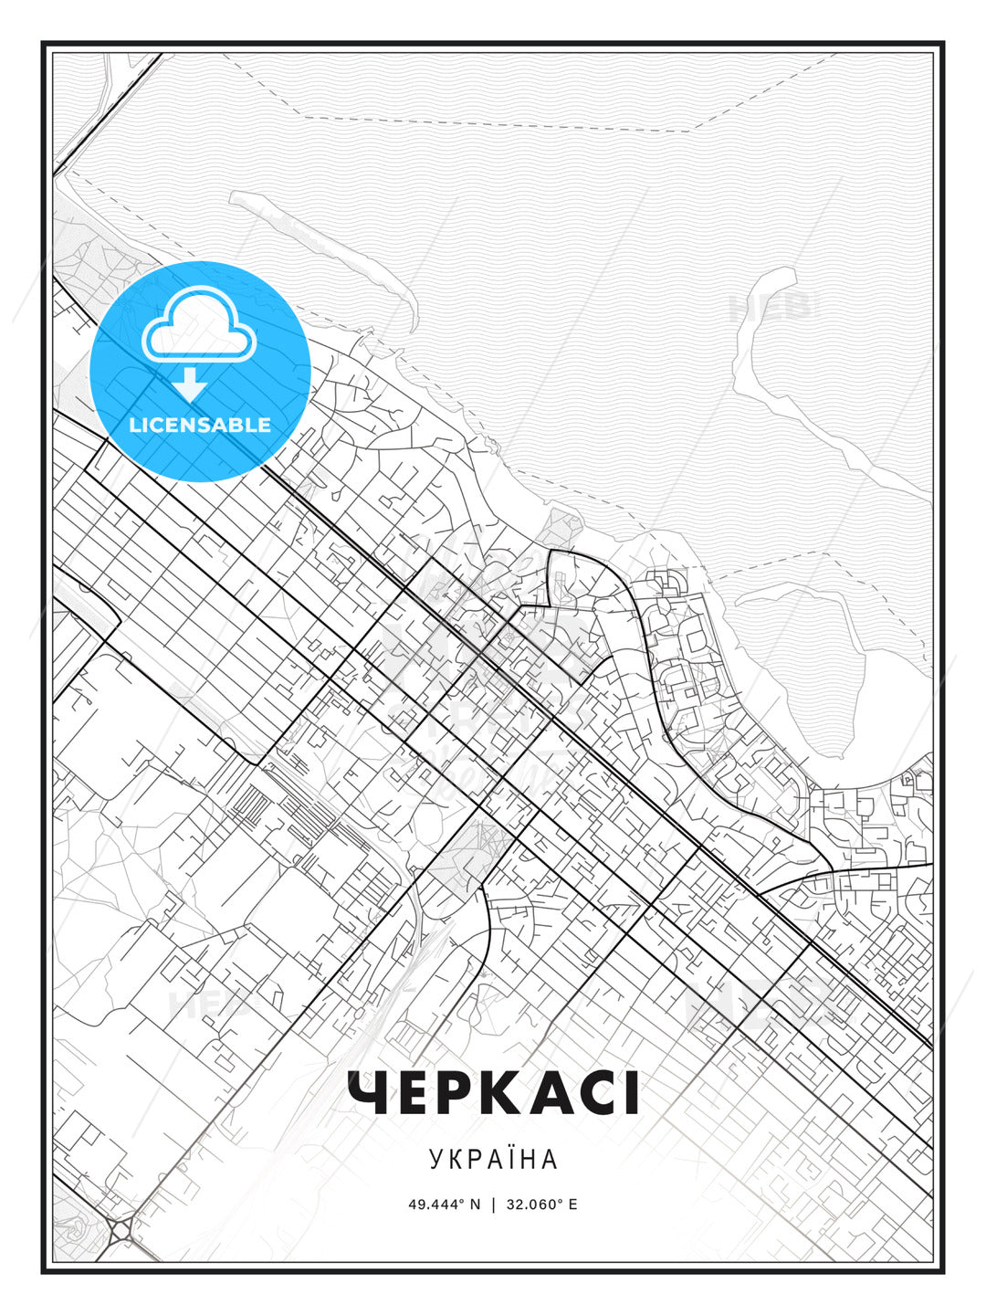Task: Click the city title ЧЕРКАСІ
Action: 493,1093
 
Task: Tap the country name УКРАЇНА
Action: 493,1160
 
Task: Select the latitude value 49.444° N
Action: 444,1205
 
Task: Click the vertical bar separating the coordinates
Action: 493,1205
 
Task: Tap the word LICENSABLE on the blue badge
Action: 200,425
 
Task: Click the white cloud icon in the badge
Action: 198,326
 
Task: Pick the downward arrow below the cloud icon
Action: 190,384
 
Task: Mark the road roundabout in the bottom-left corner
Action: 121,1232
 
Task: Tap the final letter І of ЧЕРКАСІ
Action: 630,1093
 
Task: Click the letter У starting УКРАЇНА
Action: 435,1160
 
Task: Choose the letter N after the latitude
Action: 475,1205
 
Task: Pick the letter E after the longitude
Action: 572,1205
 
